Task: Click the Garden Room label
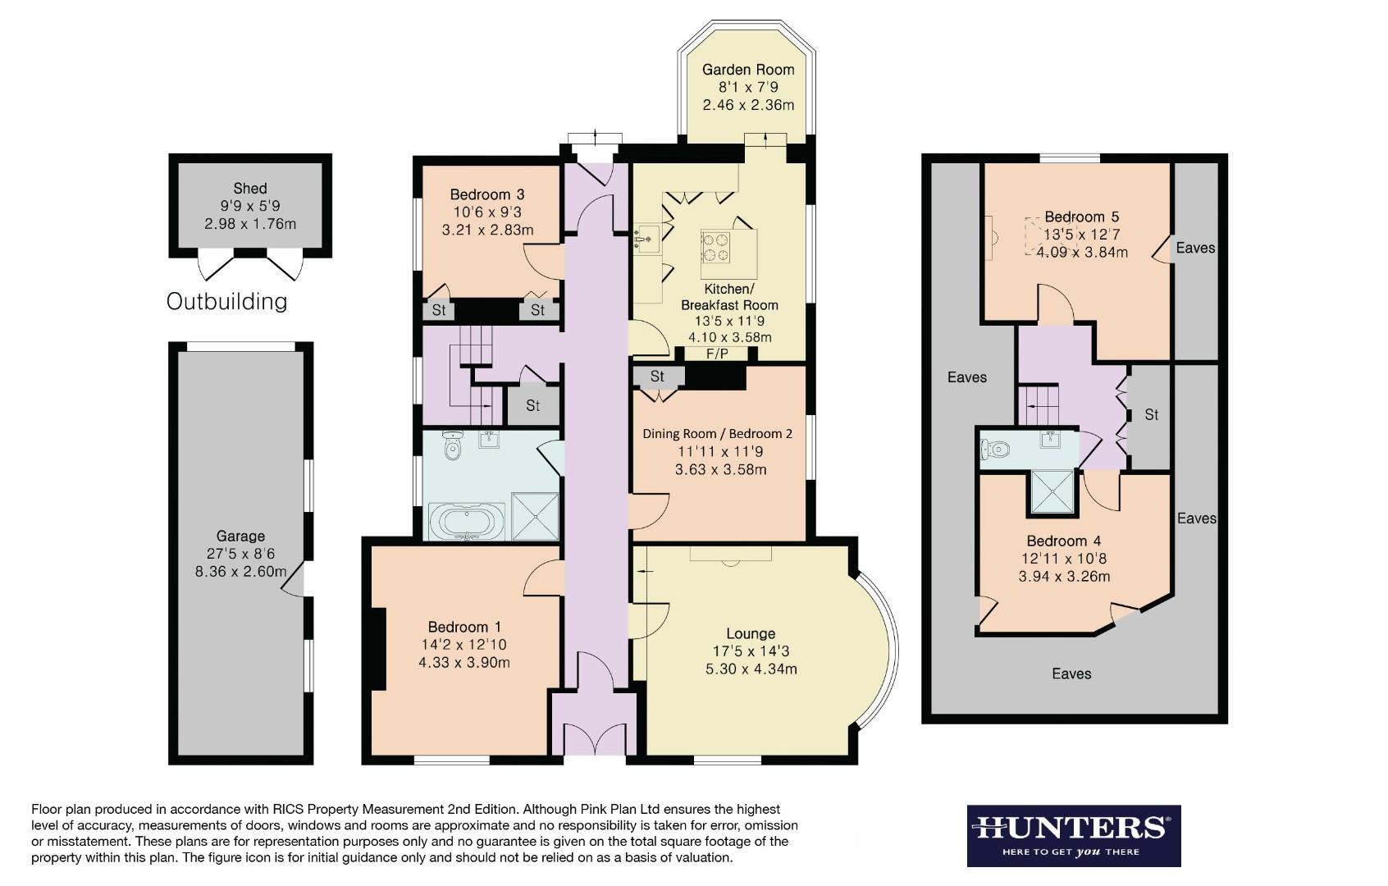(748, 70)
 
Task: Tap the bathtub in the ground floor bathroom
(466, 521)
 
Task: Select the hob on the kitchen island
(715, 247)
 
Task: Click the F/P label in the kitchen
(717, 354)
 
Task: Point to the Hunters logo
(1073, 834)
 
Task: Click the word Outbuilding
(226, 301)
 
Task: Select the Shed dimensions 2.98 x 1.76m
(250, 223)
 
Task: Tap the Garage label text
(240, 536)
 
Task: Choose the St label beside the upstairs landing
(1151, 415)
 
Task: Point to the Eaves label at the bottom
(1071, 674)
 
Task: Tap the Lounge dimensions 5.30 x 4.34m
(751, 669)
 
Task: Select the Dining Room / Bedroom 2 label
(717, 433)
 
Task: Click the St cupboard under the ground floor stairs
(532, 405)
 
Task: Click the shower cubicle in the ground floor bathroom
(535, 516)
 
